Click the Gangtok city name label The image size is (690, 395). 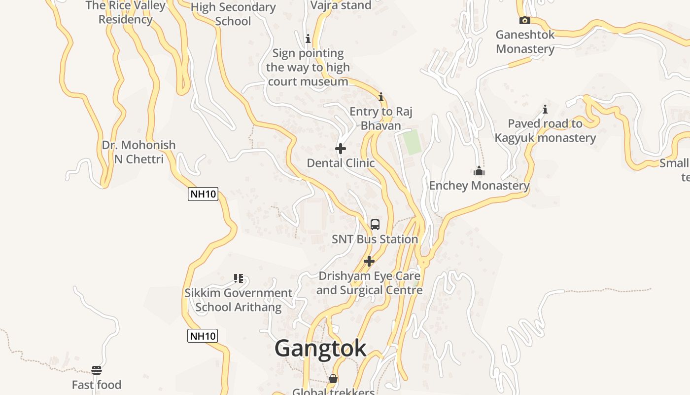tap(320, 349)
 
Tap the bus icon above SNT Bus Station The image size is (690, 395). tap(375, 225)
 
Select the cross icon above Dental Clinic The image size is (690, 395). tap(340, 149)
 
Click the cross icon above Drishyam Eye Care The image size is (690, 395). tap(369, 261)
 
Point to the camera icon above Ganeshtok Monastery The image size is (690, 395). tap(525, 20)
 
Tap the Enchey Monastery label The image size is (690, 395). tap(479, 186)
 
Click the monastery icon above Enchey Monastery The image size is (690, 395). tap(479, 171)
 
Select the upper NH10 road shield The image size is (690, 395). tap(203, 194)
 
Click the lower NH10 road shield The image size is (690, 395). tap(203, 336)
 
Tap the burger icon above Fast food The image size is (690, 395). tap(97, 370)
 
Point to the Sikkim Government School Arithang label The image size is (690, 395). tap(239, 300)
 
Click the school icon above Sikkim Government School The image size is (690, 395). tap(239, 278)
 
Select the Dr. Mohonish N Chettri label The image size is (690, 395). tap(138, 152)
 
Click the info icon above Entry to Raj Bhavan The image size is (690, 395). tap(380, 97)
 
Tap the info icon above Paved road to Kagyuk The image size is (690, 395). tap(545, 109)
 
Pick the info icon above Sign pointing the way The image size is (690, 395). tap(308, 39)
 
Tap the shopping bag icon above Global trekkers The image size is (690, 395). tap(333, 379)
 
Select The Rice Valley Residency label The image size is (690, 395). tap(126, 13)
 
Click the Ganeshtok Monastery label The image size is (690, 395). tap(525, 42)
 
